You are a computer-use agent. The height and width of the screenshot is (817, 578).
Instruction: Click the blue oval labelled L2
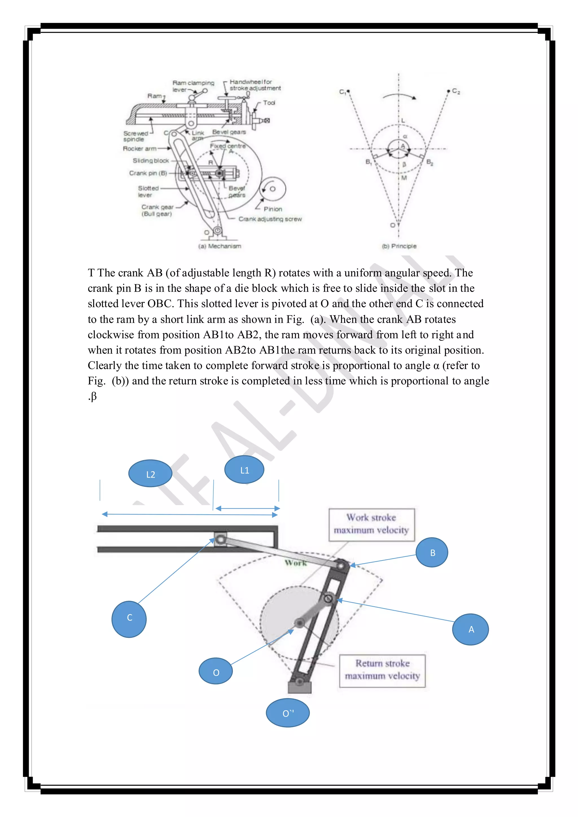[x=150, y=474]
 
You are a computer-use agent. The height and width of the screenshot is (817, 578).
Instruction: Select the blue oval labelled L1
[x=244, y=470]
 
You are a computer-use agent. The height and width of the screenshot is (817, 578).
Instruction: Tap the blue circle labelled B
[x=432, y=552]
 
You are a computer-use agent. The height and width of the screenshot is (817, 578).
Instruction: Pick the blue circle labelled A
[x=470, y=629]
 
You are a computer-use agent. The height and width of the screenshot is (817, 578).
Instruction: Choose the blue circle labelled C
[x=129, y=619]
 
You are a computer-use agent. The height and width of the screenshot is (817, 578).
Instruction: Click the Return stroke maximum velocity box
[x=382, y=670]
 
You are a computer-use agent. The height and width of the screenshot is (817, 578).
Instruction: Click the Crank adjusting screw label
[x=270, y=219]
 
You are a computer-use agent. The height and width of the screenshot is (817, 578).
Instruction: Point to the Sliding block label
[x=151, y=161]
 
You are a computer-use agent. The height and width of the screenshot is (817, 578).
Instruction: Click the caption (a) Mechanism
[x=220, y=246]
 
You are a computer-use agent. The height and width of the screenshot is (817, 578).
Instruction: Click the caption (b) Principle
[x=399, y=246]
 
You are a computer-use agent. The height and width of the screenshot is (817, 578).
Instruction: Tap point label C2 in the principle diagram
[x=456, y=91]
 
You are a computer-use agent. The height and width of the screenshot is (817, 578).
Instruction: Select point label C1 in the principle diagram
[x=342, y=92]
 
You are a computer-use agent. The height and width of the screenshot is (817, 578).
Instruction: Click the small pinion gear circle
[x=273, y=189]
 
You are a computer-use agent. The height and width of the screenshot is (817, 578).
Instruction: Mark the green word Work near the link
[x=296, y=563]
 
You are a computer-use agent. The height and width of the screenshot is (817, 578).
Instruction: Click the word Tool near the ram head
[x=269, y=103]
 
